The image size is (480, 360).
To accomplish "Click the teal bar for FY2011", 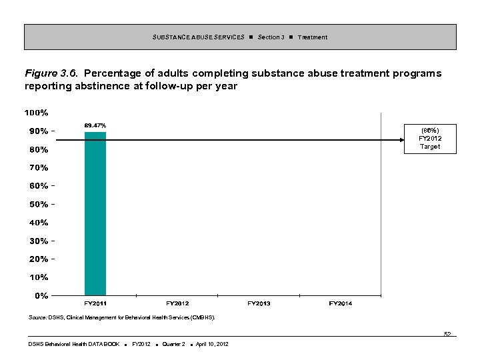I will point(95,213).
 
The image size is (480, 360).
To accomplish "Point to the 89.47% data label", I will point(95,125).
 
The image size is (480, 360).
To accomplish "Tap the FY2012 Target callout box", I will point(430,138).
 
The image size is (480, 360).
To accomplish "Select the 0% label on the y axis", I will point(41,295).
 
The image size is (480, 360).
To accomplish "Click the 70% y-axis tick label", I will point(37,167).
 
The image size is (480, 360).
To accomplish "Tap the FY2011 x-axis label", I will point(95,304).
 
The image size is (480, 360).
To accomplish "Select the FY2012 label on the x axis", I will point(177,304).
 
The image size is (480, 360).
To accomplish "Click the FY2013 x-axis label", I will point(259,304).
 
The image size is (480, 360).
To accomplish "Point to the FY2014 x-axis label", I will point(341,304).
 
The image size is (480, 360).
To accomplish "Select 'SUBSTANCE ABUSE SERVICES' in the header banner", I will point(198,37).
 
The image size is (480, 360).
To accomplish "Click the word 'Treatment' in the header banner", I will point(312,37).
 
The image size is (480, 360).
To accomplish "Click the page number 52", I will point(447,334).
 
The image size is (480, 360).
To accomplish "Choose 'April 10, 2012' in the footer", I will point(209,344).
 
